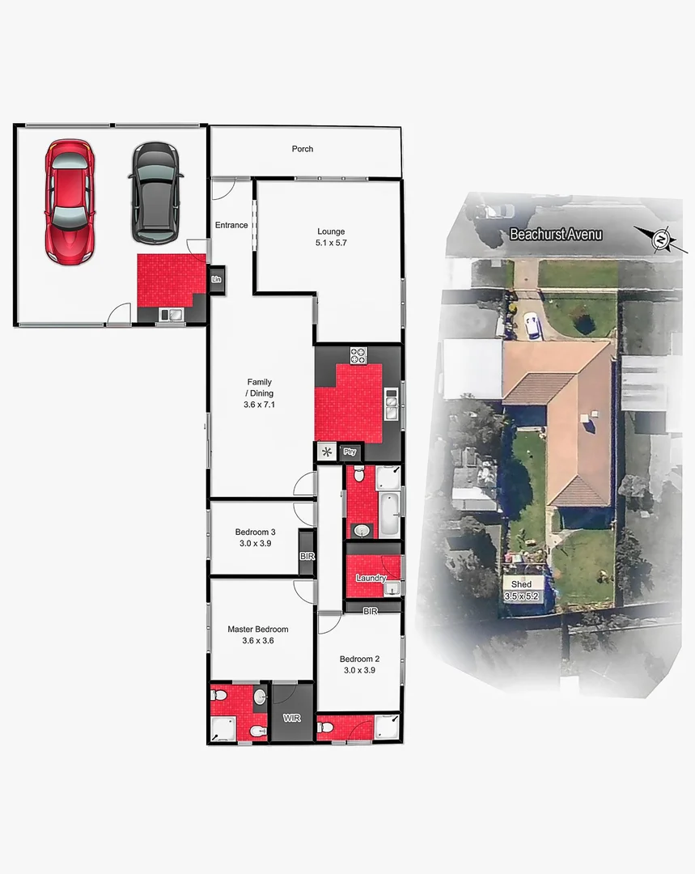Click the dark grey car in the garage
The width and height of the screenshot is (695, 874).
click(x=155, y=193)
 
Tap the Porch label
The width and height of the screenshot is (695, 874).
click(x=303, y=149)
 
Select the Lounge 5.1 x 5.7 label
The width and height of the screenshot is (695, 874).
click(x=331, y=237)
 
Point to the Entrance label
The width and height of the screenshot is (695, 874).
click(x=231, y=225)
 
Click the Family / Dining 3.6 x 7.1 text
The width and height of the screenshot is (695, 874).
click(x=260, y=392)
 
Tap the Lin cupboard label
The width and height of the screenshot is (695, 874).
click(x=216, y=280)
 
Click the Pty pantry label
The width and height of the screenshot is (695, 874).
click(x=350, y=452)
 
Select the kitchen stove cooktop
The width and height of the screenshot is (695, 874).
click(x=358, y=354)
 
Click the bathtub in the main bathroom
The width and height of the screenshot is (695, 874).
click(x=389, y=515)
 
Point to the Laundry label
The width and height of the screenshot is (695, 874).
click(x=371, y=578)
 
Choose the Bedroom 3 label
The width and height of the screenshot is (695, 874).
click(x=256, y=537)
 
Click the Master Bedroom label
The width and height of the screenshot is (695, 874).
click(x=257, y=634)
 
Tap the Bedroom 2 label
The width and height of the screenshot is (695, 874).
click(x=359, y=664)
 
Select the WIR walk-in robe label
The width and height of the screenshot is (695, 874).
click(x=291, y=718)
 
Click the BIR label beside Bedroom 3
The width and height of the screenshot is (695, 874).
click(x=307, y=557)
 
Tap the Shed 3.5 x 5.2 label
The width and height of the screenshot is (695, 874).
click(x=522, y=589)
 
